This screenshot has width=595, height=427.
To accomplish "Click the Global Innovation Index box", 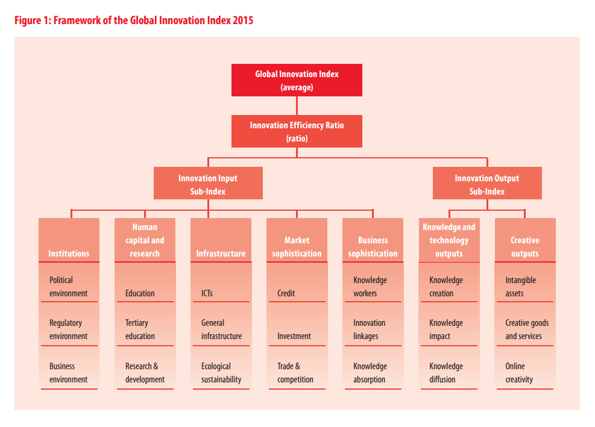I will (297, 80).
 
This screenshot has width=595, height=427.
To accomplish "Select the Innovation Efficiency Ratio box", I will (297, 131).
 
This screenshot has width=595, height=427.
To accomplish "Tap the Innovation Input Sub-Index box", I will (208, 184).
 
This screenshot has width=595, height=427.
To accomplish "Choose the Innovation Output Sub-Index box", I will (486, 184).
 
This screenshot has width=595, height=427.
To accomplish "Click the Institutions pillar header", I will (69, 253).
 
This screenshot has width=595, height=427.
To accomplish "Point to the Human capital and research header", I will (145, 240).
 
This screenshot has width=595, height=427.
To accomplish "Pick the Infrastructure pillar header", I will (221, 253).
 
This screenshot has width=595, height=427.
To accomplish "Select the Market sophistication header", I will (297, 247).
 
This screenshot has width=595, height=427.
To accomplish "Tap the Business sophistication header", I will (373, 247).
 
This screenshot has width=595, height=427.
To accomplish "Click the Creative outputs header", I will (524, 247).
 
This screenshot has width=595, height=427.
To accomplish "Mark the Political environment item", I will (68, 287).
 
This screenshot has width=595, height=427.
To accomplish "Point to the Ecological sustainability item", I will (221, 373).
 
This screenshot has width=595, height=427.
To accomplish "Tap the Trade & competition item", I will (295, 373).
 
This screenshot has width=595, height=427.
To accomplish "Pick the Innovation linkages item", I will (370, 329).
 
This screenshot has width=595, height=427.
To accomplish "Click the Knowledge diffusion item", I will (446, 373).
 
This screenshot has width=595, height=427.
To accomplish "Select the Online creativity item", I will (519, 373).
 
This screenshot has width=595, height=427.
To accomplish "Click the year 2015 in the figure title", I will (242, 20).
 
